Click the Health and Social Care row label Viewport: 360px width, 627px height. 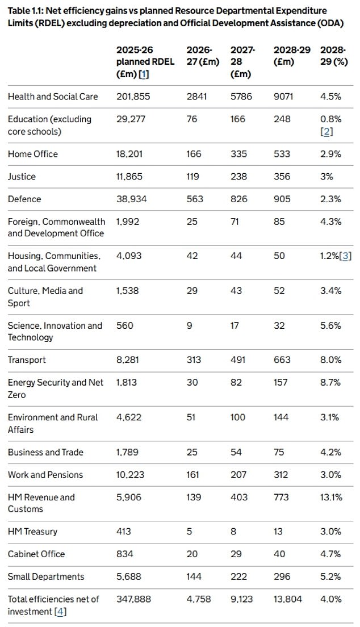(x=52, y=97)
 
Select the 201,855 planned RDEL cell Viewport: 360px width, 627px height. (x=133, y=97)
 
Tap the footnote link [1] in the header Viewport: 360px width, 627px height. (x=145, y=74)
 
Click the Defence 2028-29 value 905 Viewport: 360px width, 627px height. (x=282, y=199)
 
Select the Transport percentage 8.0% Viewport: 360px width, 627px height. (x=330, y=360)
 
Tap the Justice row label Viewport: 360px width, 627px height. (x=22, y=177)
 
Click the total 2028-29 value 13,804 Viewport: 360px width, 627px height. (x=287, y=599)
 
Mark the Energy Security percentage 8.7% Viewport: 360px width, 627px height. (x=330, y=382)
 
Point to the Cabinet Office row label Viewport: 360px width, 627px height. (x=36, y=554)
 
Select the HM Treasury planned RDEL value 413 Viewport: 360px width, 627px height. (x=123, y=532)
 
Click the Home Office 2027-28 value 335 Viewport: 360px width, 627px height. (x=238, y=154)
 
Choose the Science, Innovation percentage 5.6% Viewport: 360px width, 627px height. (x=330, y=325)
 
